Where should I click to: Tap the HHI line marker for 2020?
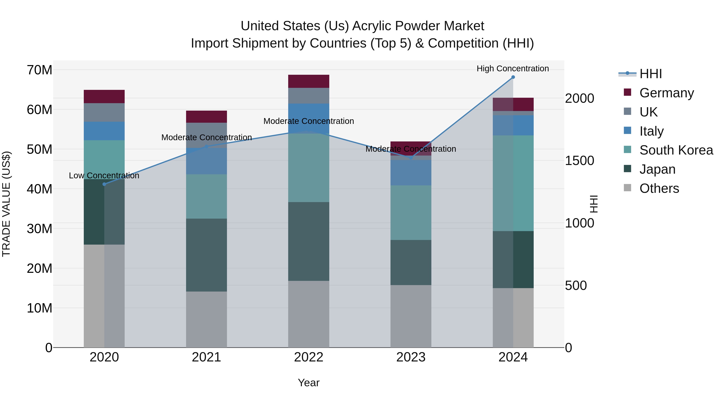tap(104, 184)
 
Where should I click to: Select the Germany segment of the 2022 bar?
tap(309, 81)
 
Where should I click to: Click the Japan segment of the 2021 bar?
tap(206, 255)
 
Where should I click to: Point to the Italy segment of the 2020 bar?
tap(104, 131)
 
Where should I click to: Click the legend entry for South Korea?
tap(676, 150)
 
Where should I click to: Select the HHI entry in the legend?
tap(650, 74)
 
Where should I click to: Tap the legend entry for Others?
tap(659, 188)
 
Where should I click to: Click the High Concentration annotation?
tap(513, 69)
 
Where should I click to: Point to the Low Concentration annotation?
tap(104, 175)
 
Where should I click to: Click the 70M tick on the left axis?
tap(39, 70)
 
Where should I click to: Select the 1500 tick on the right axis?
tap(579, 161)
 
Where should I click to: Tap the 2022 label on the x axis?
tap(309, 357)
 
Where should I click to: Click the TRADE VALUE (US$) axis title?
tap(6, 204)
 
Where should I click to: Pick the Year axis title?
tap(309, 383)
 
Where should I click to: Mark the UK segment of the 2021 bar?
tap(206, 135)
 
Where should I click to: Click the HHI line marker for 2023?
tap(411, 158)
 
